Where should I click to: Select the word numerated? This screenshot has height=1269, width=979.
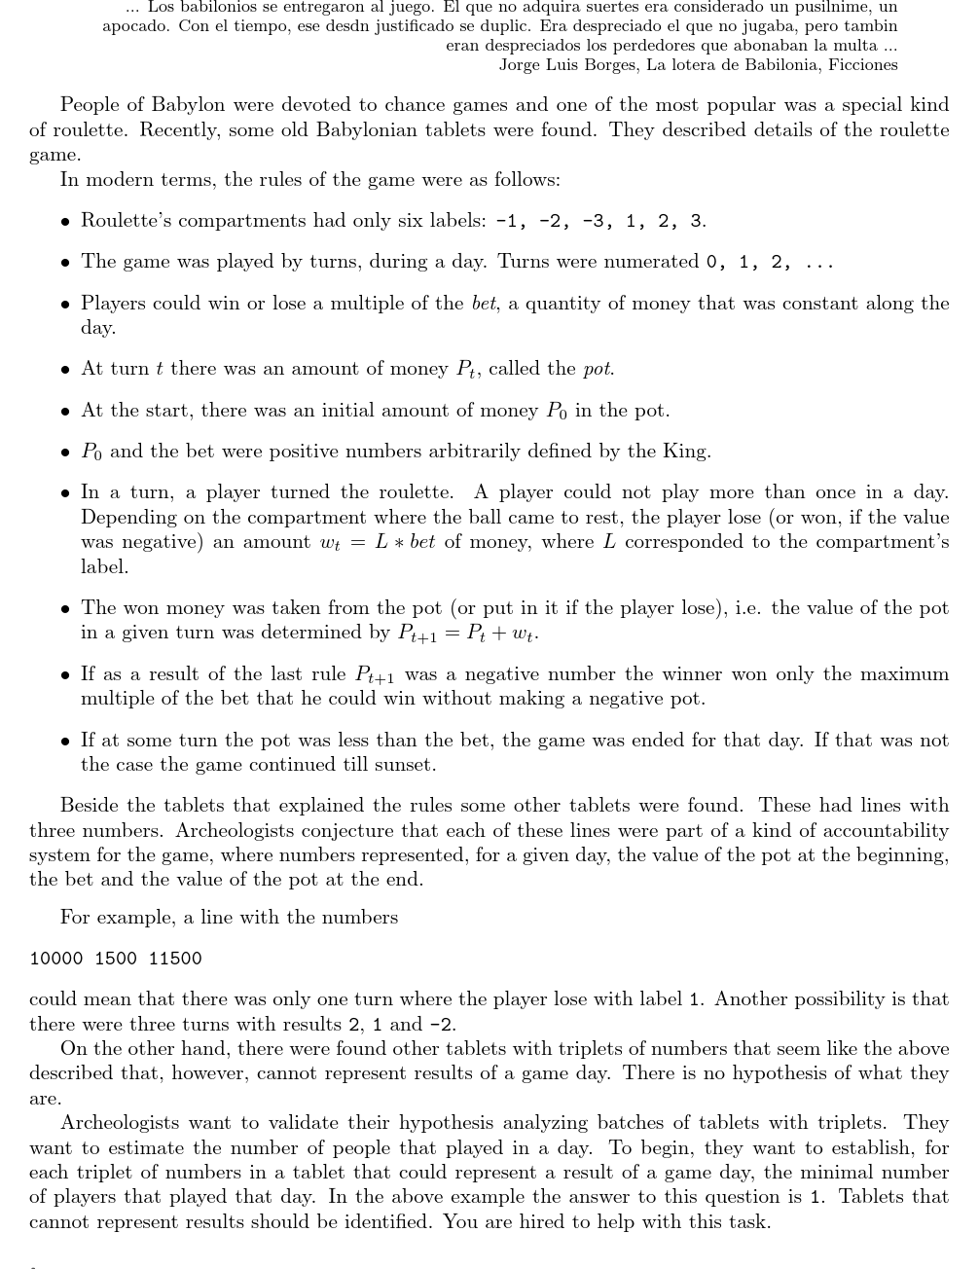pyautogui.click(x=651, y=261)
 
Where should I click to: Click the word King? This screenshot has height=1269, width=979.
pyautogui.click(x=686, y=451)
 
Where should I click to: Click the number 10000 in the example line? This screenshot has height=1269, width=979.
pyautogui.click(x=56, y=959)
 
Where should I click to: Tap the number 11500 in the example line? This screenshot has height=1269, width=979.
pyautogui.click(x=175, y=959)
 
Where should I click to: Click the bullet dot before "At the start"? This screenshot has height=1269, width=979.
pyautogui.click(x=64, y=412)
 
